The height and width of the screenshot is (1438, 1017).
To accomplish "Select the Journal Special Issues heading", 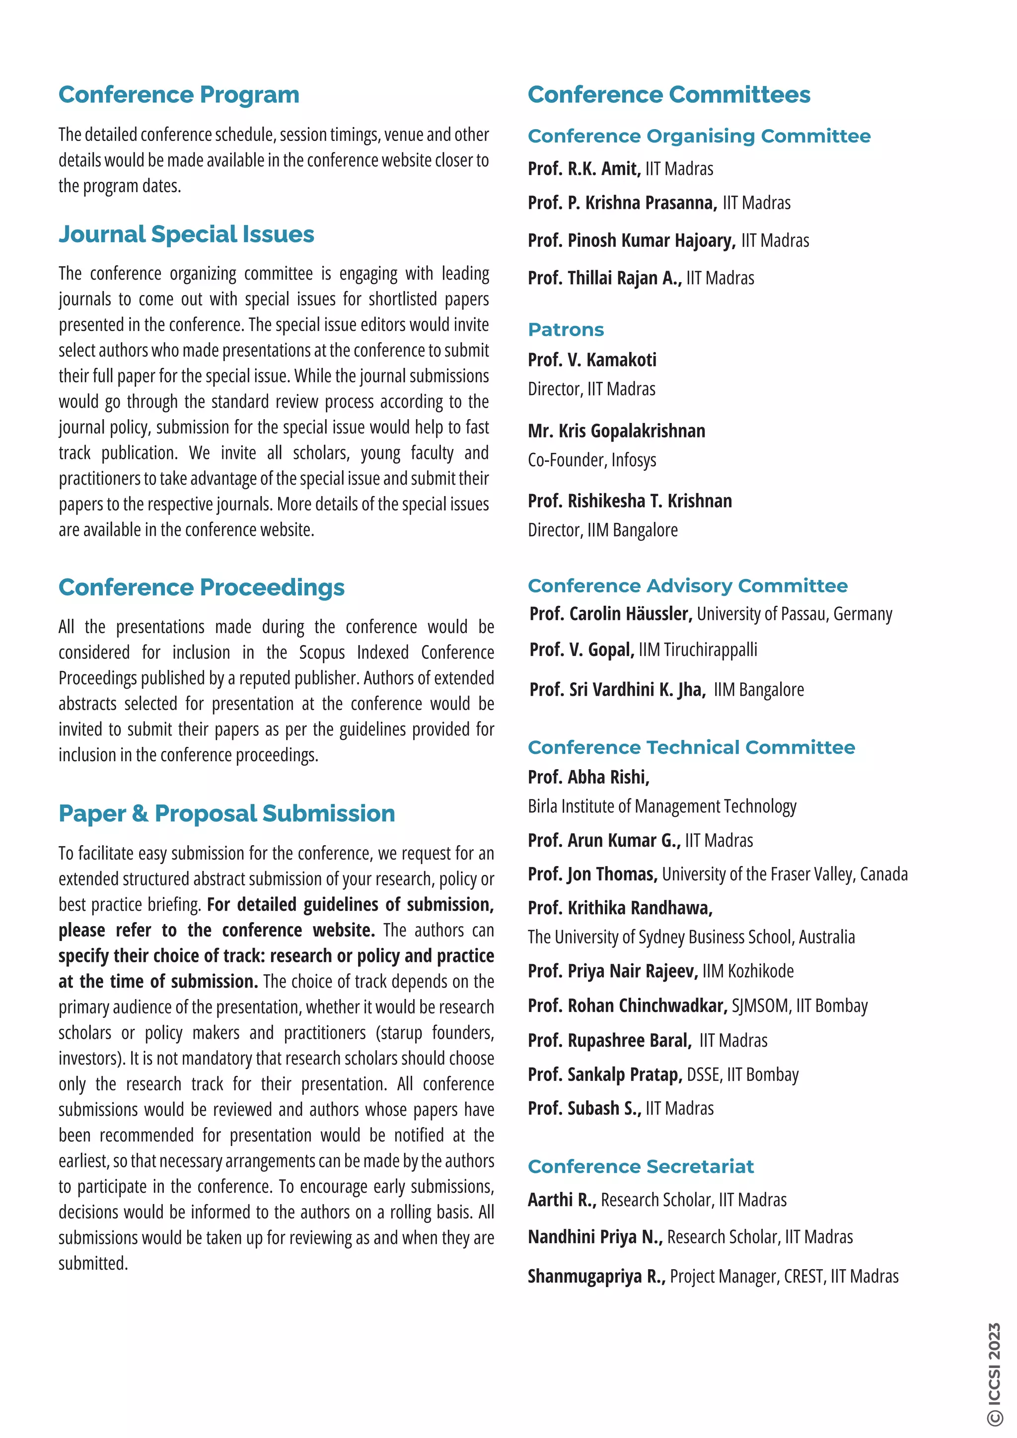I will click(186, 234).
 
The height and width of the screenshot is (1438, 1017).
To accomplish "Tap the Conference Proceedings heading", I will click(201, 587).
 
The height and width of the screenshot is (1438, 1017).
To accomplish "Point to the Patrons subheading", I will click(566, 330).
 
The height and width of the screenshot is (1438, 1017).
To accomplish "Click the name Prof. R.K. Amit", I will click(583, 169).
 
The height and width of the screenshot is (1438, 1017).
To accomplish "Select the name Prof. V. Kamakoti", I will click(592, 360).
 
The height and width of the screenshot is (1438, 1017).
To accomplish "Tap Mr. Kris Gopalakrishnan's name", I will click(616, 431).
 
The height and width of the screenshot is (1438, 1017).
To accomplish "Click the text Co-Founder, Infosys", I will click(592, 460).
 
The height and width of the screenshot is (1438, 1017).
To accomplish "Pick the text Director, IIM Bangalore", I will click(602, 530).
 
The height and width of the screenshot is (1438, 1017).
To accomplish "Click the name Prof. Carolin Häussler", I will click(611, 614).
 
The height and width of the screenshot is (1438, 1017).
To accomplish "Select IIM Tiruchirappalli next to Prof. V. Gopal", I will click(698, 650).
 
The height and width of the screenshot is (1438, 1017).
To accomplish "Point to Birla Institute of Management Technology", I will click(662, 807).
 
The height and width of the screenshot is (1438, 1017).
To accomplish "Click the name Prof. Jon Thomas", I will click(592, 874).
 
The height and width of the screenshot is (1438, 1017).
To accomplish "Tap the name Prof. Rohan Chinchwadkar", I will click(628, 1006).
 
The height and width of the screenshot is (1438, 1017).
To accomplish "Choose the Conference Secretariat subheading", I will click(641, 1167).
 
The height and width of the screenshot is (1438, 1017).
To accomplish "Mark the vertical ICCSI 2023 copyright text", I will click(995, 1373).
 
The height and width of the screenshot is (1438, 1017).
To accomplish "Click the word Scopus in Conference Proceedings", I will click(321, 652).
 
